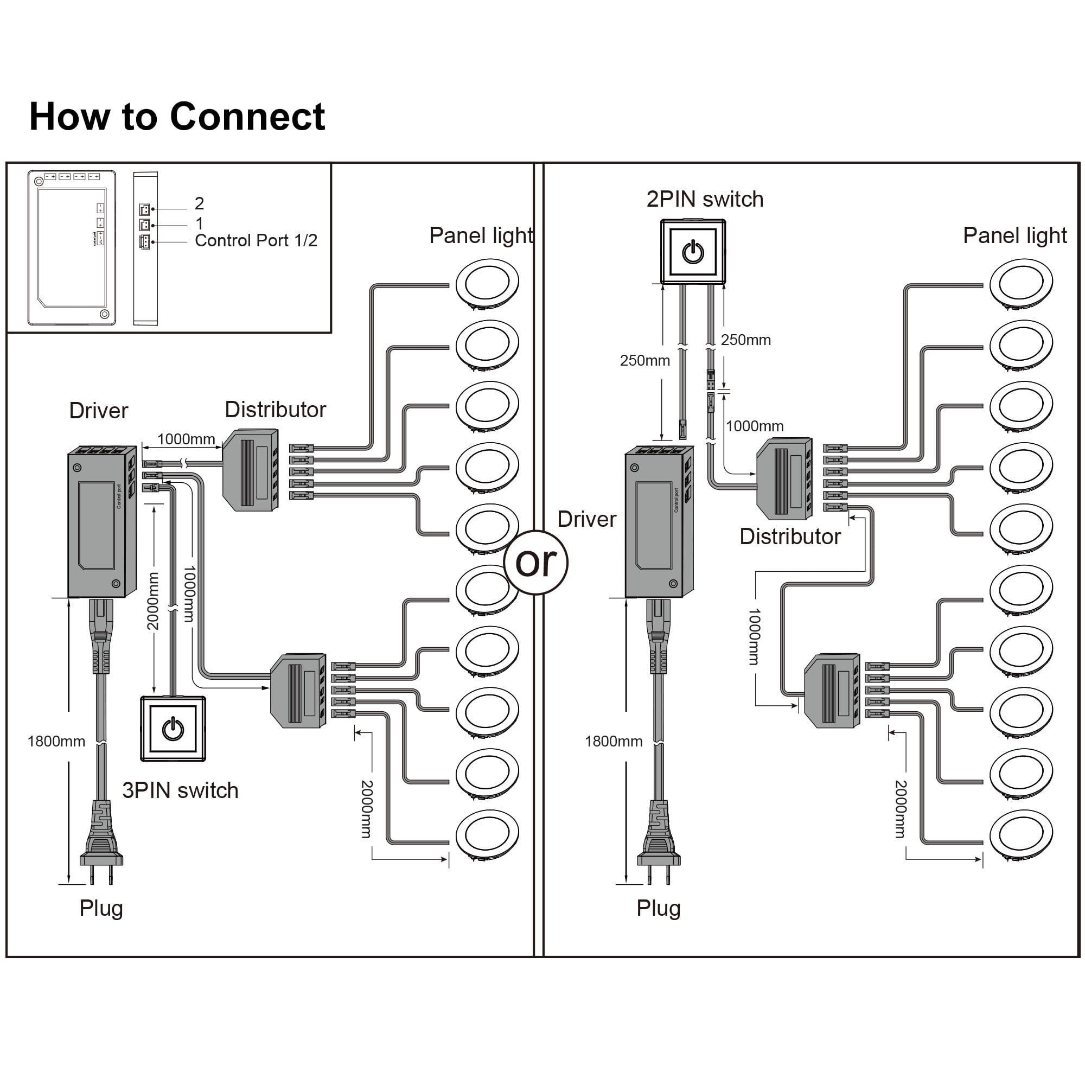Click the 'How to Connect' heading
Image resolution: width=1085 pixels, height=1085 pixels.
tap(177, 117)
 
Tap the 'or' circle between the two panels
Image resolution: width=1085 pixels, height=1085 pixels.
tap(537, 562)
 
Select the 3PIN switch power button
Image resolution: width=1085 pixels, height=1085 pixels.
tap(173, 729)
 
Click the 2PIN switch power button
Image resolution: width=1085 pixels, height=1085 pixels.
tap(693, 252)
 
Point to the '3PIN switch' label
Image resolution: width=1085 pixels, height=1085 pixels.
tap(180, 791)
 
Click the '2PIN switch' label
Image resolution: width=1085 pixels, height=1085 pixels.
tap(705, 199)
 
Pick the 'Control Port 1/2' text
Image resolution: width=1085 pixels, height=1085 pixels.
tap(256, 241)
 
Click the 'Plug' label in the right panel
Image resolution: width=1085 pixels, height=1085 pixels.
tap(658, 908)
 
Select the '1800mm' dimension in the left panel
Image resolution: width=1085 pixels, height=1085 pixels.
tap(56, 741)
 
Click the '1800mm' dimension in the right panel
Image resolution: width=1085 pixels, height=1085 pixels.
tap(613, 741)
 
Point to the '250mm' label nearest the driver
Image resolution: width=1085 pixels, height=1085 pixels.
tap(644, 361)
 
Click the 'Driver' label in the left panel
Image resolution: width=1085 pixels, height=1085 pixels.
tap(98, 411)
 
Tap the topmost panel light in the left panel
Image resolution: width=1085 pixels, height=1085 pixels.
tap(487, 282)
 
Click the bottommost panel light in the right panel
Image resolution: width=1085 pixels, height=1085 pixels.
tap(1021, 833)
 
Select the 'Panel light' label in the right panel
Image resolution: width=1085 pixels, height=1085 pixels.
tap(1015, 236)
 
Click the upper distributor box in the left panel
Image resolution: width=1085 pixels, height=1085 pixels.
tap(251, 470)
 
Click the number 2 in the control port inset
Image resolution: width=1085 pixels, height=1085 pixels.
tap(199, 203)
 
